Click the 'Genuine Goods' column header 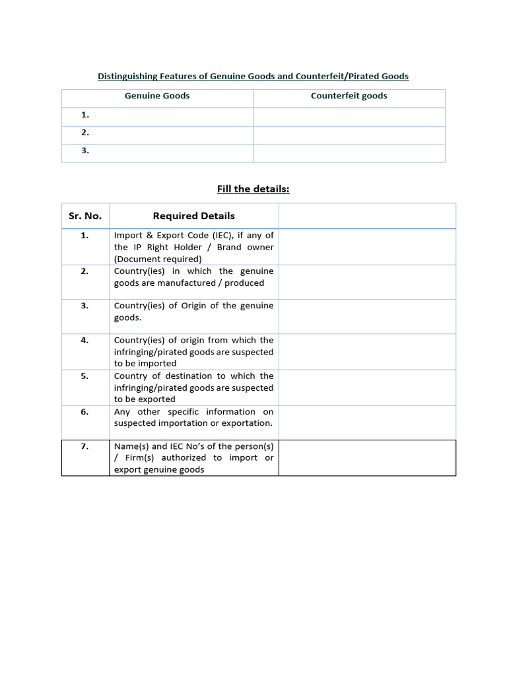point(157,96)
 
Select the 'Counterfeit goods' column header point(349,96)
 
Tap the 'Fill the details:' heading point(253,189)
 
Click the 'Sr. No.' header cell point(85,216)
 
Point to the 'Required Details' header point(193,216)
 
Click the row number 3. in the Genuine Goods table point(85,151)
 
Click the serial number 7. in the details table point(85,446)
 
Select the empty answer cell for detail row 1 point(367,247)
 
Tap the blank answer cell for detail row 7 point(367,457)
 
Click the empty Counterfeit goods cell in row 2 point(349,135)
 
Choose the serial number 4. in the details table point(85,341)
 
